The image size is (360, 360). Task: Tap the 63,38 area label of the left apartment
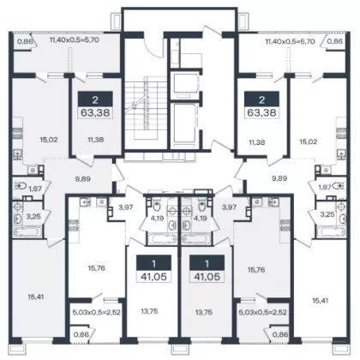(x=95, y=112)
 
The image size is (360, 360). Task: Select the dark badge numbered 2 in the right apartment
(x=261, y=99)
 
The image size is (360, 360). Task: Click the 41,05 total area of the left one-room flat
(x=153, y=276)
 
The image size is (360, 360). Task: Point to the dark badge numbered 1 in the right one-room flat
(x=207, y=263)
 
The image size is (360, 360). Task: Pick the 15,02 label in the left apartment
(x=49, y=140)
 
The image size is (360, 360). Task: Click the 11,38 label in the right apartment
(x=257, y=142)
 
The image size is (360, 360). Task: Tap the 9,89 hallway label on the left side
(x=82, y=179)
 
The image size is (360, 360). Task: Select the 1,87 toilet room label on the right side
(x=325, y=187)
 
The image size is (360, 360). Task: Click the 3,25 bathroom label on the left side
(x=33, y=216)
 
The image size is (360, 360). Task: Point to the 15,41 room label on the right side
(x=321, y=301)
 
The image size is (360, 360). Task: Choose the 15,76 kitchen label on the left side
(x=97, y=268)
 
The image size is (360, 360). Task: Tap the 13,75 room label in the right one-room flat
(x=204, y=312)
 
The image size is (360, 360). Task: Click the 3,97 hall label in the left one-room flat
(x=126, y=207)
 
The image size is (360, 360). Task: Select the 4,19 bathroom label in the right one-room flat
(x=200, y=219)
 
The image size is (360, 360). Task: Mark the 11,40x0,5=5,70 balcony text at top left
(x=75, y=40)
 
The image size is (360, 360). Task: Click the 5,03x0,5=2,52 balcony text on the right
(x=262, y=312)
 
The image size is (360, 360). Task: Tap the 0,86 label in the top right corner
(x=334, y=41)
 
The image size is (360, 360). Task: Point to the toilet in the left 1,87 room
(x=21, y=186)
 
